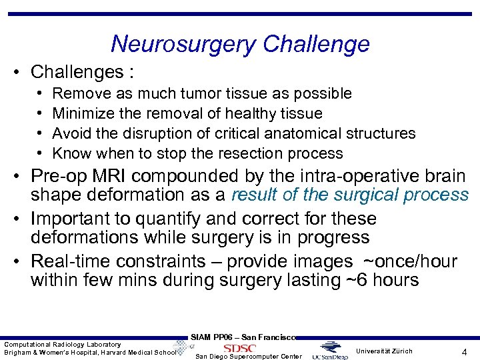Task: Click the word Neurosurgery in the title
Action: point(183,44)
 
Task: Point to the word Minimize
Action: point(81,113)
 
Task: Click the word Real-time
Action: point(75,261)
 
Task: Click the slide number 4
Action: point(463,351)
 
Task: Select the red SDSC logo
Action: point(239,348)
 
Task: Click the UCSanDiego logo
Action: point(329,350)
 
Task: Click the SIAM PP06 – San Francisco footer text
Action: point(243,337)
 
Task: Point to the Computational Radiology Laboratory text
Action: point(63,344)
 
